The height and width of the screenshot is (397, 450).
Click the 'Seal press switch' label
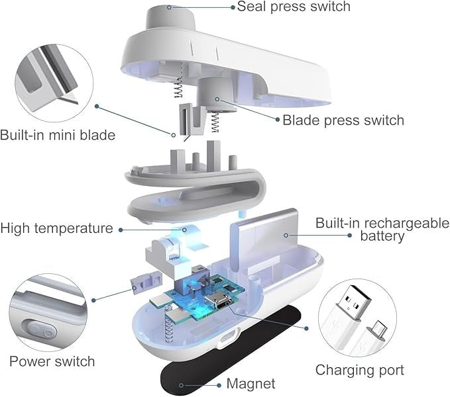click(x=294, y=7)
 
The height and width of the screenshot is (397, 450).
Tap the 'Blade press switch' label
click(x=343, y=120)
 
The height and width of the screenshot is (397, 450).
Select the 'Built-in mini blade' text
click(x=58, y=135)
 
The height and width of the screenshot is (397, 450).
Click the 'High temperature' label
click(x=56, y=228)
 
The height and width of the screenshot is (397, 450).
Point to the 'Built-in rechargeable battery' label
click(x=382, y=229)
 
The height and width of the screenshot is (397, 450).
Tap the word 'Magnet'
click(x=251, y=383)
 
